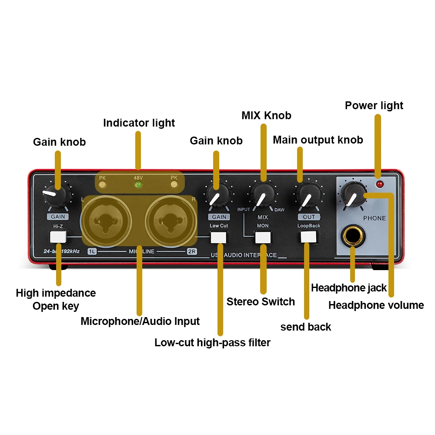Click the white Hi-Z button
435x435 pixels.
coord(58,237)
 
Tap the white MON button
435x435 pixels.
coord(263,237)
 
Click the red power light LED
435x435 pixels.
coord(380,184)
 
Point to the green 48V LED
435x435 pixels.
coord(138,185)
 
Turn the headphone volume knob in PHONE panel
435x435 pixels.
coord(354,194)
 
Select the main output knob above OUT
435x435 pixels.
coord(308,194)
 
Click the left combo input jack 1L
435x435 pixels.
coord(106,220)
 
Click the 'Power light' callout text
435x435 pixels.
coord(374,106)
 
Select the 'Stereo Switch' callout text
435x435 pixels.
coord(261,302)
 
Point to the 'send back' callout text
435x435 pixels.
coord(305,327)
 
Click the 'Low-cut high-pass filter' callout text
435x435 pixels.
coord(212,343)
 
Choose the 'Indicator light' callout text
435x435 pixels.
coord(139,123)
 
